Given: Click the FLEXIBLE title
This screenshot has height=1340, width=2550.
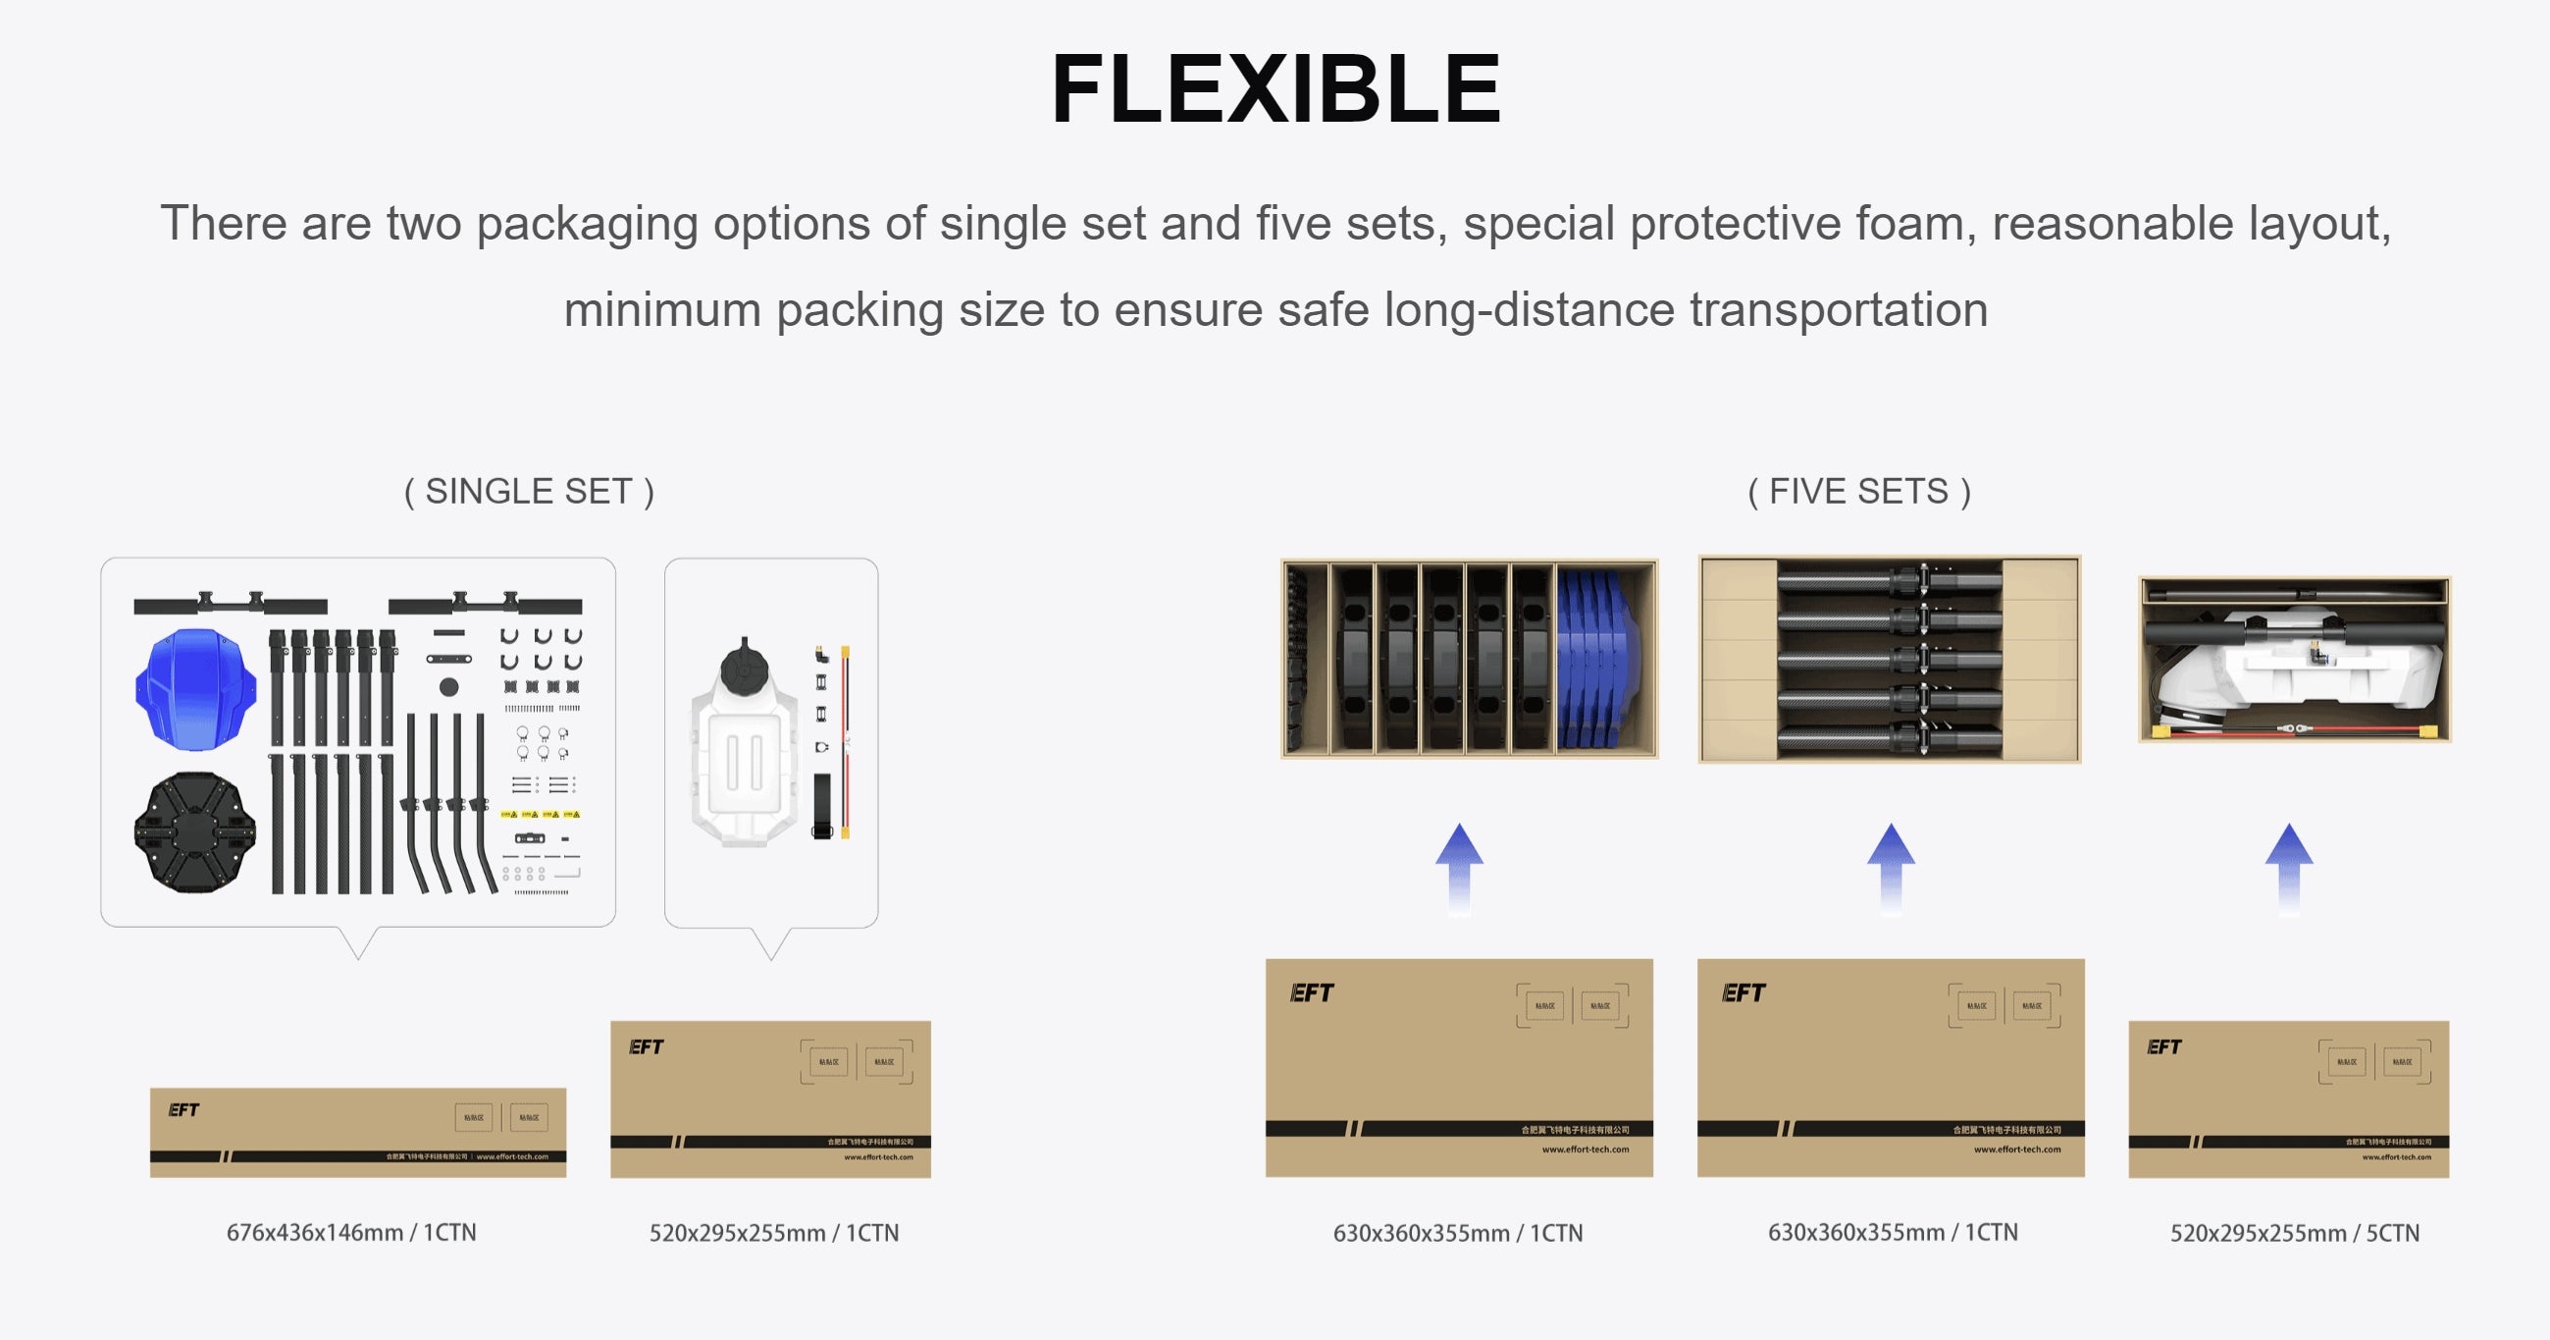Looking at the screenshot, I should (x=1275, y=89).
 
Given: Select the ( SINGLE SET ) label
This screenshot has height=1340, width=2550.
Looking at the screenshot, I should (x=529, y=491).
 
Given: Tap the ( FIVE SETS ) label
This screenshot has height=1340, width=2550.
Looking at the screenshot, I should (x=1859, y=491).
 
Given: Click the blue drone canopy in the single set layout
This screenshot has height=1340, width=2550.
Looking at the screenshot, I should (x=195, y=688).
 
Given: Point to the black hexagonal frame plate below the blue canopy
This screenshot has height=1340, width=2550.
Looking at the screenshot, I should (x=195, y=831).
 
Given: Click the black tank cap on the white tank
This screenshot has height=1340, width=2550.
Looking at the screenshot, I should (x=745, y=668).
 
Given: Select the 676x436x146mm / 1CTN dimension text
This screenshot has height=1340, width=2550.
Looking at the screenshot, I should (x=351, y=1232).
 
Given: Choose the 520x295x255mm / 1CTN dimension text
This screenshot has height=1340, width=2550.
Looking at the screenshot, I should (x=773, y=1233).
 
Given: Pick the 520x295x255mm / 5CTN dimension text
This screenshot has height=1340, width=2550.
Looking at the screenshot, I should (x=2294, y=1233).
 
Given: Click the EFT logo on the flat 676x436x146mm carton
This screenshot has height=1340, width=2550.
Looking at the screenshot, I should (x=183, y=1110).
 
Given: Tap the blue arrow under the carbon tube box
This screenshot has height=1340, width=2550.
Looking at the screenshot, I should (x=1891, y=867).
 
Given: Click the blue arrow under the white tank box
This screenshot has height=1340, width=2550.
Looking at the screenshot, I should (x=2289, y=867).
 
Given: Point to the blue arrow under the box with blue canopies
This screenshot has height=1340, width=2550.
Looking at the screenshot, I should (x=1459, y=867).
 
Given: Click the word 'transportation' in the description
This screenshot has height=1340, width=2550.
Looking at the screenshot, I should (x=1839, y=309).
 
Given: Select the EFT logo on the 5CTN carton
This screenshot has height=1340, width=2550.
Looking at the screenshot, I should (x=2164, y=1046).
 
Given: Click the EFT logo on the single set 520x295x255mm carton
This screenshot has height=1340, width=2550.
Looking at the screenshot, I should (x=646, y=1046).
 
